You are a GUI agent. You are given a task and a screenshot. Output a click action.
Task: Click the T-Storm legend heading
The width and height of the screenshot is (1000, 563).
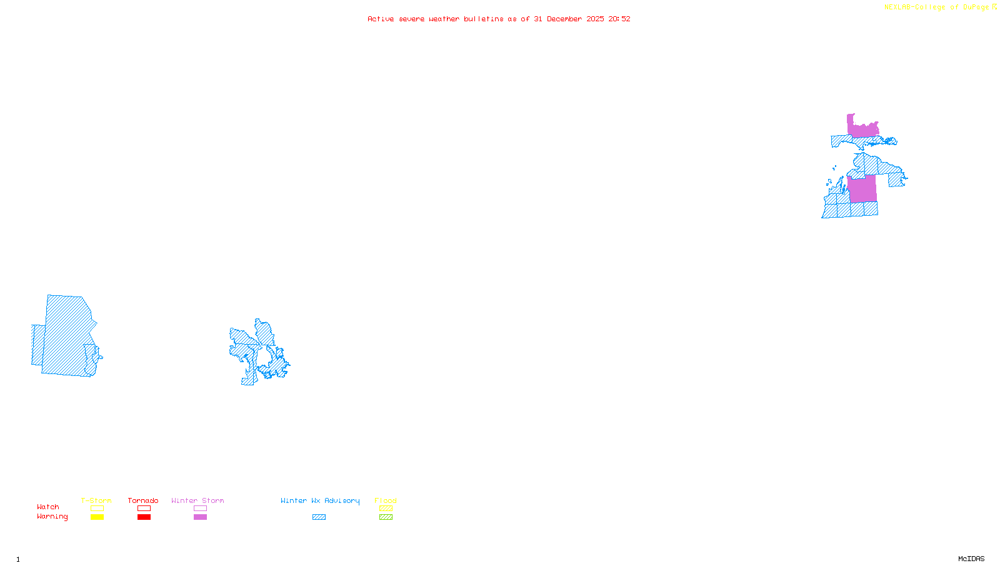point(96,500)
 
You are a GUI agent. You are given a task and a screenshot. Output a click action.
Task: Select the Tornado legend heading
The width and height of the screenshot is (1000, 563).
point(143,500)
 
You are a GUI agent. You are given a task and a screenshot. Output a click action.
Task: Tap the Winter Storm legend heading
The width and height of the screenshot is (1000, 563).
point(197,500)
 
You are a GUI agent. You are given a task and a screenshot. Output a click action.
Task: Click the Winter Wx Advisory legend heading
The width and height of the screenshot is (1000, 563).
point(320,500)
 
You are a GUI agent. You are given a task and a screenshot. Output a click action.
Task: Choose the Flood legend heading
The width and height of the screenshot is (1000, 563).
point(386,500)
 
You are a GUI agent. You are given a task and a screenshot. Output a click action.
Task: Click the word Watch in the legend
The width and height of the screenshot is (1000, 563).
point(48,507)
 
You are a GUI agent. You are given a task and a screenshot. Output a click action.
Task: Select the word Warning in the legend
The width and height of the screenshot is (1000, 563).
point(52,517)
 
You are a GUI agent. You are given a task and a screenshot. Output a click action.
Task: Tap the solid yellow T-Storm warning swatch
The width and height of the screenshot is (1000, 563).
point(97,517)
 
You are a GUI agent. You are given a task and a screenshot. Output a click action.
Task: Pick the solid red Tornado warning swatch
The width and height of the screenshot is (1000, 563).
point(144,517)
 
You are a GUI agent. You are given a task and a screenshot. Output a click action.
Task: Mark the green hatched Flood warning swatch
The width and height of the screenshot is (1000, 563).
point(386,517)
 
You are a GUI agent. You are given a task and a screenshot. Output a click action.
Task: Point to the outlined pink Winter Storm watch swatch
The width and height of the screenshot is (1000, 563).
point(200,509)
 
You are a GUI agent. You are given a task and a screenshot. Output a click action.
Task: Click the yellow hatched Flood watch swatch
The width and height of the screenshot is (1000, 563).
point(386,509)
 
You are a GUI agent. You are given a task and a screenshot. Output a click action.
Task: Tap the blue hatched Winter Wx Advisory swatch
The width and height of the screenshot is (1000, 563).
point(319,517)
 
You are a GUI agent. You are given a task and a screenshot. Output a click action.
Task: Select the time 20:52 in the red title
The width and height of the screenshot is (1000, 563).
point(619,19)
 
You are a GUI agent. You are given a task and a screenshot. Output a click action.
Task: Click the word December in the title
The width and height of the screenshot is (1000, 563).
point(564,19)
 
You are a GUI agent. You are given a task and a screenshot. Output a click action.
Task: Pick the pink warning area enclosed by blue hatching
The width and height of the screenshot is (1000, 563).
point(862,189)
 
